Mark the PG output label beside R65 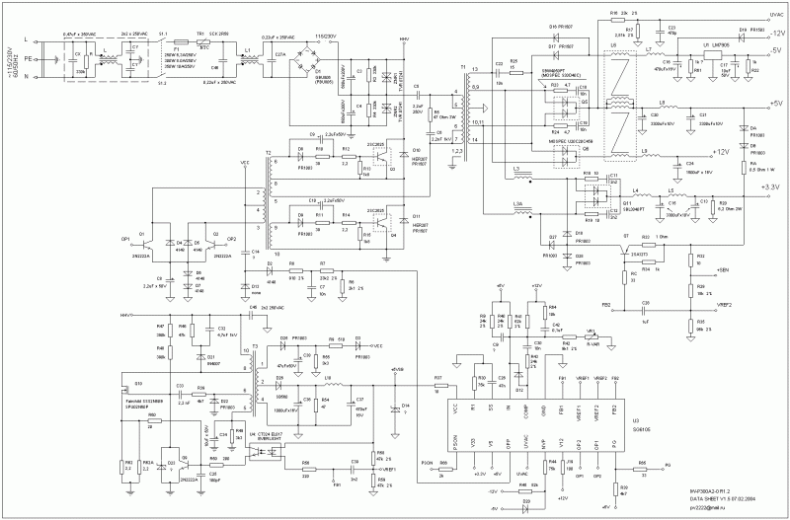point(668,463)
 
